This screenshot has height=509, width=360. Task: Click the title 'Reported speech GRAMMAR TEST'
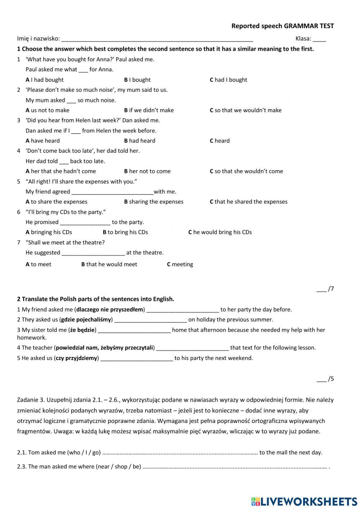282,26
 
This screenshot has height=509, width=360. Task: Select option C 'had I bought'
228,80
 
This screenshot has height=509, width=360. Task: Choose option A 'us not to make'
48,110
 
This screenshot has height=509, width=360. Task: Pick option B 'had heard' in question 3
140,141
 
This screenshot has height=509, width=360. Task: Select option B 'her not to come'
147,171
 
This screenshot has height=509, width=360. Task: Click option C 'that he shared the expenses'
248,202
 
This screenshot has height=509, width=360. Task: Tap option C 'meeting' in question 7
180,264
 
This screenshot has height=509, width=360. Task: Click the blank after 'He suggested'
93,253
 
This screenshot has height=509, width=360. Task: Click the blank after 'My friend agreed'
112,192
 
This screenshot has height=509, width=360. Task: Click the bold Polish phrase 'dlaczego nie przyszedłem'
110,309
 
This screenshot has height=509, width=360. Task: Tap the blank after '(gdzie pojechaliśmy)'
150,320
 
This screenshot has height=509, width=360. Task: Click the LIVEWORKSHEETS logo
304,501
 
